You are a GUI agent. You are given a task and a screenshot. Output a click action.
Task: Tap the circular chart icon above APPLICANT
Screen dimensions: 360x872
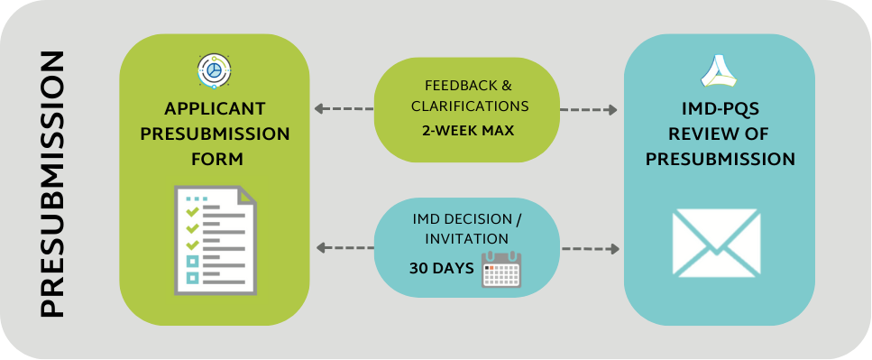point(214,71)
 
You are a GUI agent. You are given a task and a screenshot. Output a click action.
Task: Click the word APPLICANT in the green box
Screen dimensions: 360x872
point(215,109)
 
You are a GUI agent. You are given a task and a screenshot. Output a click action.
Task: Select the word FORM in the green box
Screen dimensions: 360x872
point(215,159)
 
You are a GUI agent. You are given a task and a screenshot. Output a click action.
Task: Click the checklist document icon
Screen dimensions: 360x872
point(216,238)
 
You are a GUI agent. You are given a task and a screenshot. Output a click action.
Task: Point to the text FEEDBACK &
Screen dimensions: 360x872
point(467,86)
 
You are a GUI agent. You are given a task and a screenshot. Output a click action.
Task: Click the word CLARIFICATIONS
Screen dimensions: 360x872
point(467,106)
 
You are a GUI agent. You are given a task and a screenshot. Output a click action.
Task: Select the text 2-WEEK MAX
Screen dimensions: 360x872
point(467,130)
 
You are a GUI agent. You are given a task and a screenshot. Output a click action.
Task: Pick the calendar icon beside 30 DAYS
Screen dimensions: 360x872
point(501,268)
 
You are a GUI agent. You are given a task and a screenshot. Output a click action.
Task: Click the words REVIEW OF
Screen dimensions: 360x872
point(718,134)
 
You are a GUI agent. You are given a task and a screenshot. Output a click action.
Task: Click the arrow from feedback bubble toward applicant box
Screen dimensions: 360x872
point(343,109)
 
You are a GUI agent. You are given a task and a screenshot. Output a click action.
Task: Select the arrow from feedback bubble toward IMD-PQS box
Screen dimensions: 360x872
point(589,110)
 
